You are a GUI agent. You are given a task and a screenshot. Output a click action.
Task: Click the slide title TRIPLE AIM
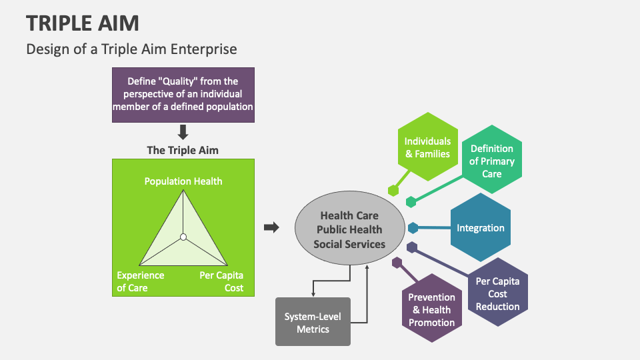pos(83,23)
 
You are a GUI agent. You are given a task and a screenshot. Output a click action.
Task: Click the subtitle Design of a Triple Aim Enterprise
pos(131,49)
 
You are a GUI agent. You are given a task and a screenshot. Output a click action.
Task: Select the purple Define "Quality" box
pos(183,94)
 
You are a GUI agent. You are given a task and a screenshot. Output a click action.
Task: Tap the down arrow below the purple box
pos(183,132)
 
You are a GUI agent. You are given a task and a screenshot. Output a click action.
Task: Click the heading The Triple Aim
pos(183,151)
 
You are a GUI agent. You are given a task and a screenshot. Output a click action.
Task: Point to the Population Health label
pos(183,181)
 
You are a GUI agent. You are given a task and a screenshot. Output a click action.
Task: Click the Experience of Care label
pos(141,281)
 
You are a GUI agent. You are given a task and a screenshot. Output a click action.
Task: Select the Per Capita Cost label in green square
pos(221,281)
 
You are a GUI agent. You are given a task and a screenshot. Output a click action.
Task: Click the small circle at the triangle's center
pos(183,237)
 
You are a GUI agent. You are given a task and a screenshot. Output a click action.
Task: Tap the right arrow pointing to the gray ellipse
pos(271,227)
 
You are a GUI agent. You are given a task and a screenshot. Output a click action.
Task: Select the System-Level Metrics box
pos(313,321)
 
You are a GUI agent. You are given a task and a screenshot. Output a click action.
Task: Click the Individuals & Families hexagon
pos(427,147)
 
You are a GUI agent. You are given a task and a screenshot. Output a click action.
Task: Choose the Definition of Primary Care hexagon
pos(491,161)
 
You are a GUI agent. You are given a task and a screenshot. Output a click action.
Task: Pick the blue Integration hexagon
pos(481,228)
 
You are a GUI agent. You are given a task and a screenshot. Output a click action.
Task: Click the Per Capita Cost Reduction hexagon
pos(497,293)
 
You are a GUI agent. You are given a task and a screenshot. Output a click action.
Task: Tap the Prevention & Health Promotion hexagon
pos(431,309)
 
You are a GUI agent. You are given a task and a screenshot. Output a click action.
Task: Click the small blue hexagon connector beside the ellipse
pos(413,228)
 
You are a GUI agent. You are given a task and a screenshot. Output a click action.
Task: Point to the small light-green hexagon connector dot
pos(393,190)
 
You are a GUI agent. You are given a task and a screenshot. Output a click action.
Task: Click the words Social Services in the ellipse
pos(349,244)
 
